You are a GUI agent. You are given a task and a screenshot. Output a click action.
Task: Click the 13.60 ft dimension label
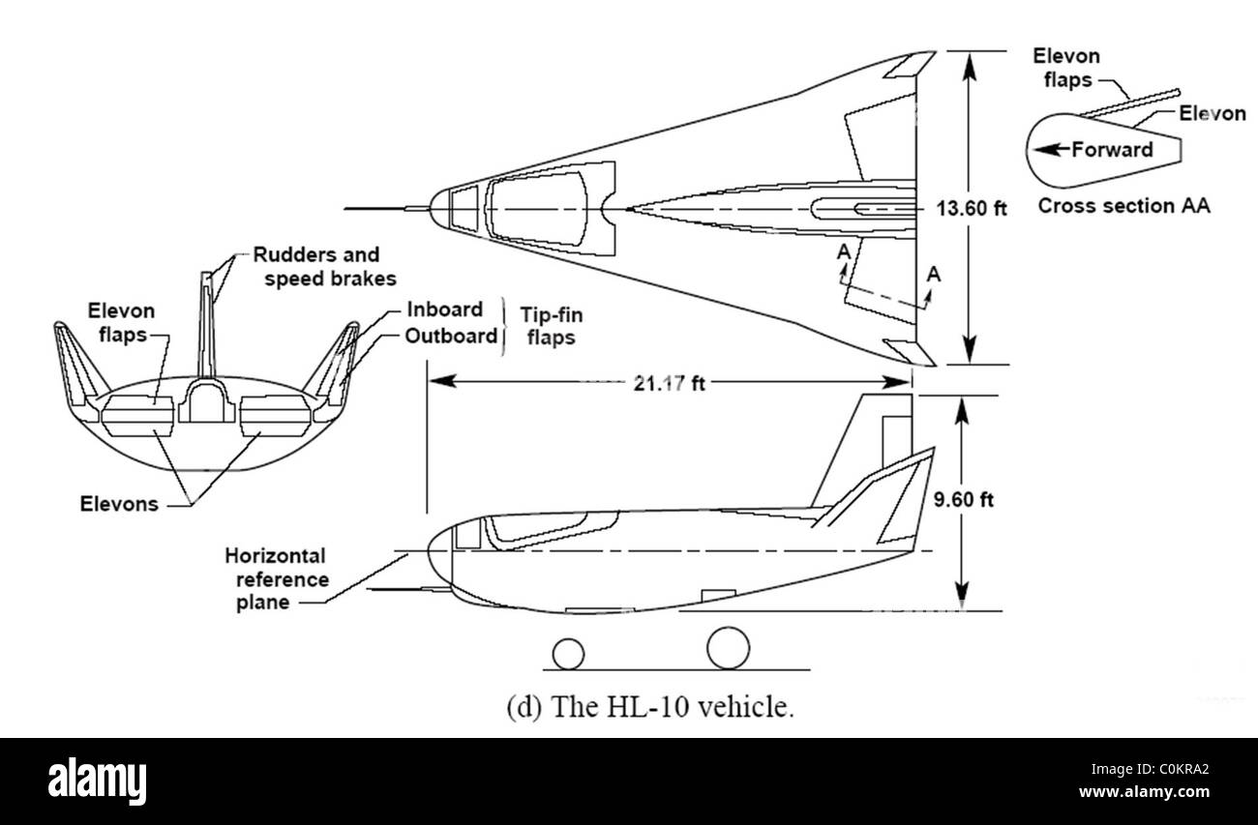pyautogui.click(x=972, y=207)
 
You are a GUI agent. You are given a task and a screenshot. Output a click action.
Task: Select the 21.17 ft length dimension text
pyautogui.click(x=668, y=383)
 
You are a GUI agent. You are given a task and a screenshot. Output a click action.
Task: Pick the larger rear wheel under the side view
pyautogui.click(x=729, y=647)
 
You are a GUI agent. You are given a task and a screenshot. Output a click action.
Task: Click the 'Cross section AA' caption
pyautogui.click(x=1123, y=206)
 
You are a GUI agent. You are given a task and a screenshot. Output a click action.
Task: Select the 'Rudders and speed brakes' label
pyautogui.click(x=316, y=267)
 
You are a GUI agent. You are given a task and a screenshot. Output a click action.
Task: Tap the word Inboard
pyautogui.click(x=444, y=309)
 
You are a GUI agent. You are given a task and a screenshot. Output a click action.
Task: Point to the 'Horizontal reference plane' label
pyautogui.click(x=275, y=579)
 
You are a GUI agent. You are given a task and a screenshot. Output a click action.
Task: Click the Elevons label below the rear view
pyautogui.click(x=120, y=504)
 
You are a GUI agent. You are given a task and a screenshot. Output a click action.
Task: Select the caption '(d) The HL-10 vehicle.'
pyautogui.click(x=650, y=707)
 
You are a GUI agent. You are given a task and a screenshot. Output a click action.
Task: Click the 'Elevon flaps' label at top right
pyautogui.click(x=1066, y=67)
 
